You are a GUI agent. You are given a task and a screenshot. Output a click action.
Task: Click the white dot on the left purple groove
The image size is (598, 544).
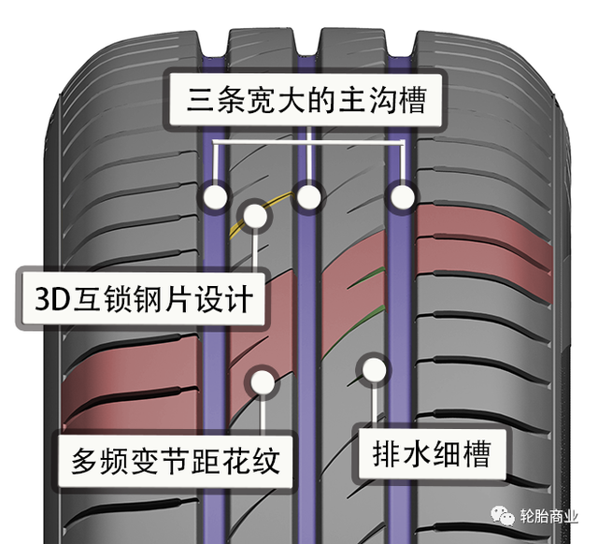tap(217, 196)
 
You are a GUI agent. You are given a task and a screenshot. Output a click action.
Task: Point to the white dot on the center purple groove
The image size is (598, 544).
tap(308, 196)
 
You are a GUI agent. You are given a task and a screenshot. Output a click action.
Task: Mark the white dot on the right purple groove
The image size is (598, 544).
tap(402, 196)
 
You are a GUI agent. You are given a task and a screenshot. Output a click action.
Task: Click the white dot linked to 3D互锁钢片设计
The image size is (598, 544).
tap(254, 214)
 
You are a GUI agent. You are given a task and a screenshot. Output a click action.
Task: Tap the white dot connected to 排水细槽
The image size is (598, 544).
tap(374, 369)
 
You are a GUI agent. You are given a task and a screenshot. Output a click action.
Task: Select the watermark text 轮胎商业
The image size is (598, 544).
tap(552, 517)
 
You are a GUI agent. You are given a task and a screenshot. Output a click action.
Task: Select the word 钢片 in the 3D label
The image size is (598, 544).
tap(153, 299)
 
